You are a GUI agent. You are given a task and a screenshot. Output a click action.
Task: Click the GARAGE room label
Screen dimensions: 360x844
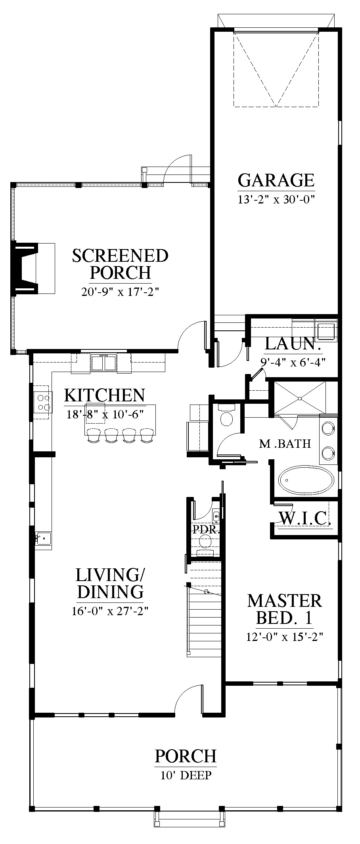click(276, 180)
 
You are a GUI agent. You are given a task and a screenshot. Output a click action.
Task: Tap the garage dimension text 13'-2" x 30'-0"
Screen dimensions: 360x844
click(276, 199)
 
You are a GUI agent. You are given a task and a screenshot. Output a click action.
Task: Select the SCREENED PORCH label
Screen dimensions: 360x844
click(120, 264)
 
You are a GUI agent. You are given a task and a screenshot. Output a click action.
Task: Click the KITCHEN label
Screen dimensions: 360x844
click(105, 395)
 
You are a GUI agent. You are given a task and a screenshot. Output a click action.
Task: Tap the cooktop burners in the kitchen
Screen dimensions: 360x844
click(43, 402)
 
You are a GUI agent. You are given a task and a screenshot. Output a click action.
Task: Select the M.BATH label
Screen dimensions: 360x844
click(285, 443)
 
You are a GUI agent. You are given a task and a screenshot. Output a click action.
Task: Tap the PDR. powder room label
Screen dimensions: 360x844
click(206, 529)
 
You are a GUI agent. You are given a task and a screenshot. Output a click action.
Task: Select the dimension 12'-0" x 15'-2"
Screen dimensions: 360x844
click(285, 637)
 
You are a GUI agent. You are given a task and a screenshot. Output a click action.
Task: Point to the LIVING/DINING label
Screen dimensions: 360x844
click(110, 583)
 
